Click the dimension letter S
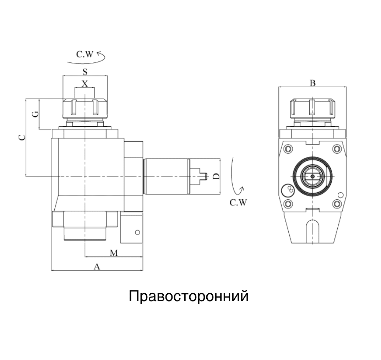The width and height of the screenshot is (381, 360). pos(85,72)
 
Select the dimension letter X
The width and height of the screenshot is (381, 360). pos(85,84)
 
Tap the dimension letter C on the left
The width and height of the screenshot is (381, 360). pos(22,138)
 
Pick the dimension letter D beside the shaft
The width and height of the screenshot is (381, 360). pos(215,176)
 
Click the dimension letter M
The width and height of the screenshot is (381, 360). pos(114,253)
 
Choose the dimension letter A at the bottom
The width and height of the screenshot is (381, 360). pos(96,267)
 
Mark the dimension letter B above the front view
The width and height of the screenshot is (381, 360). pos(312,83)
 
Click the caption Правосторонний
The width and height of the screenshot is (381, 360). pos(189,296)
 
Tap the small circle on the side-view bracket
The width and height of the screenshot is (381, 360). pos(137,232)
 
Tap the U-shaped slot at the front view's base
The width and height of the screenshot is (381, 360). pos(312,231)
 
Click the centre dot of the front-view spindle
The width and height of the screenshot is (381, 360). pos(312,176)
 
